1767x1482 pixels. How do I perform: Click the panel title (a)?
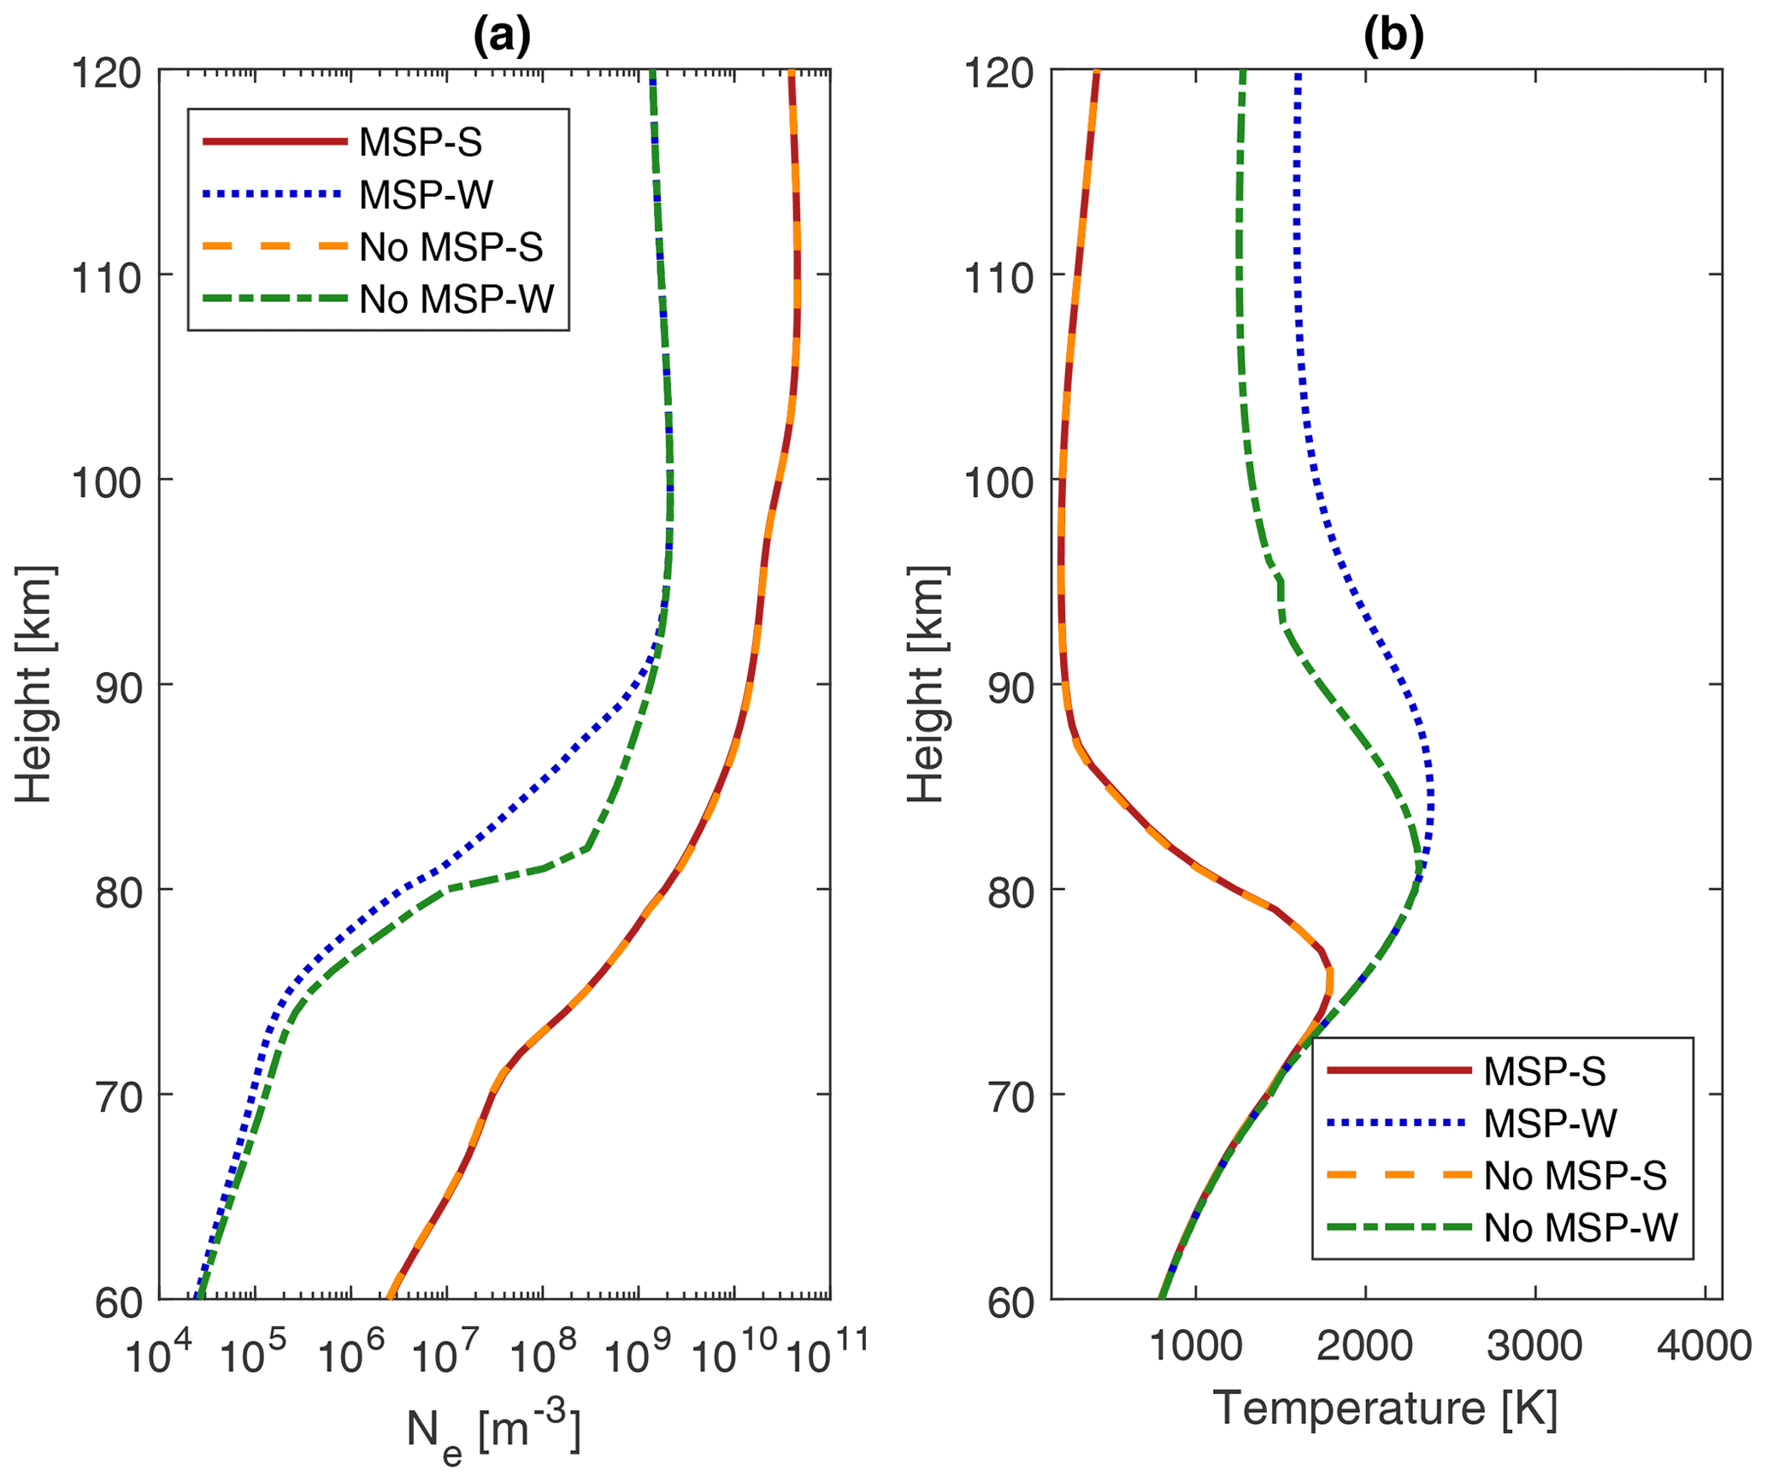point(502,36)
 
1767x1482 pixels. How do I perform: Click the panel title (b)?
point(1393,36)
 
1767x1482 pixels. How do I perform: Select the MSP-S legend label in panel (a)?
point(420,142)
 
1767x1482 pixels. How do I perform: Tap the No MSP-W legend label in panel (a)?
point(456,299)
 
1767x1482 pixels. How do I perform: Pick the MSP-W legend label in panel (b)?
point(1550,1123)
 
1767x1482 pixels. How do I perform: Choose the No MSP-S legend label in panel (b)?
point(1575,1176)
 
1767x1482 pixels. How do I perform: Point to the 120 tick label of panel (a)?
point(106,74)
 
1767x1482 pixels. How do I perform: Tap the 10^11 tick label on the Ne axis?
point(827,1355)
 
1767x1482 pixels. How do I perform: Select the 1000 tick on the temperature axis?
point(1194,1347)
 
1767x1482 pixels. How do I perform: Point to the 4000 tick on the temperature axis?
point(1705,1347)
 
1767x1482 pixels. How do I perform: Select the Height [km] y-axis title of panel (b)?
point(926,684)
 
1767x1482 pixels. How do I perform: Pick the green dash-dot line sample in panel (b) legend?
point(1399,1227)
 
